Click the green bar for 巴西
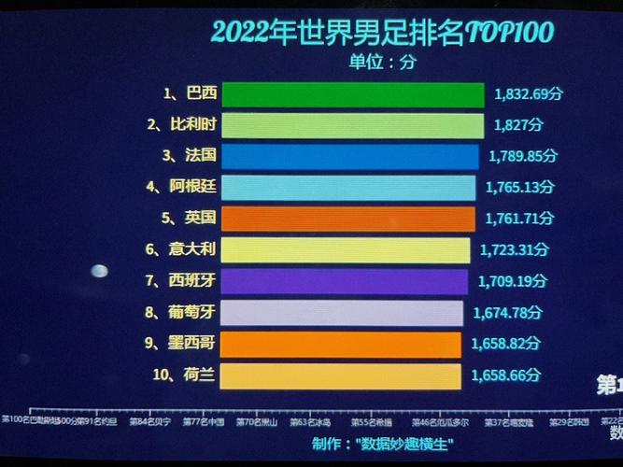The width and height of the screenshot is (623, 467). click(x=354, y=94)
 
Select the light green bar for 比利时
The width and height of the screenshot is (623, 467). click(x=354, y=125)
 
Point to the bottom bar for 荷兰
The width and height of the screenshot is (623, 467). click(x=341, y=375)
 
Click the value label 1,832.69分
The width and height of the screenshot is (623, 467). click(x=528, y=94)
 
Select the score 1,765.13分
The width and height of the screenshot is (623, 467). click(x=521, y=188)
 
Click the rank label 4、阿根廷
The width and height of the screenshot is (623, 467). click(x=181, y=187)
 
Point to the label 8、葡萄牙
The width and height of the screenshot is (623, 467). click(x=181, y=313)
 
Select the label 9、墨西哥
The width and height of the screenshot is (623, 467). click(x=181, y=344)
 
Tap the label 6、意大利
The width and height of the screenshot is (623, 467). click(x=181, y=249)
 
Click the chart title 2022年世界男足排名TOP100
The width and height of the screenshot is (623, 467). click(x=382, y=33)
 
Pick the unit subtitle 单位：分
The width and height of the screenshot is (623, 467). click(x=382, y=63)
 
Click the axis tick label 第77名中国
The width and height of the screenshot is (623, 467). click(x=204, y=422)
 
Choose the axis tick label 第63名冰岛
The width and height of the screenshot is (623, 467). click(x=309, y=422)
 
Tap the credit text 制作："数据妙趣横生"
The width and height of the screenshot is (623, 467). click(x=382, y=444)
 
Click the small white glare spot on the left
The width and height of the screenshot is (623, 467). click(x=99, y=272)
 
